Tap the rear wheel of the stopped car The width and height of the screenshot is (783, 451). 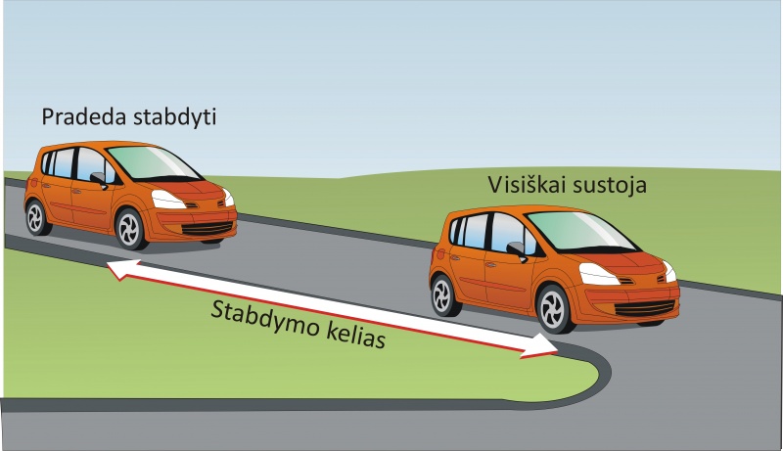[445, 293]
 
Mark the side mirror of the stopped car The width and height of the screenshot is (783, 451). [515, 249]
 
